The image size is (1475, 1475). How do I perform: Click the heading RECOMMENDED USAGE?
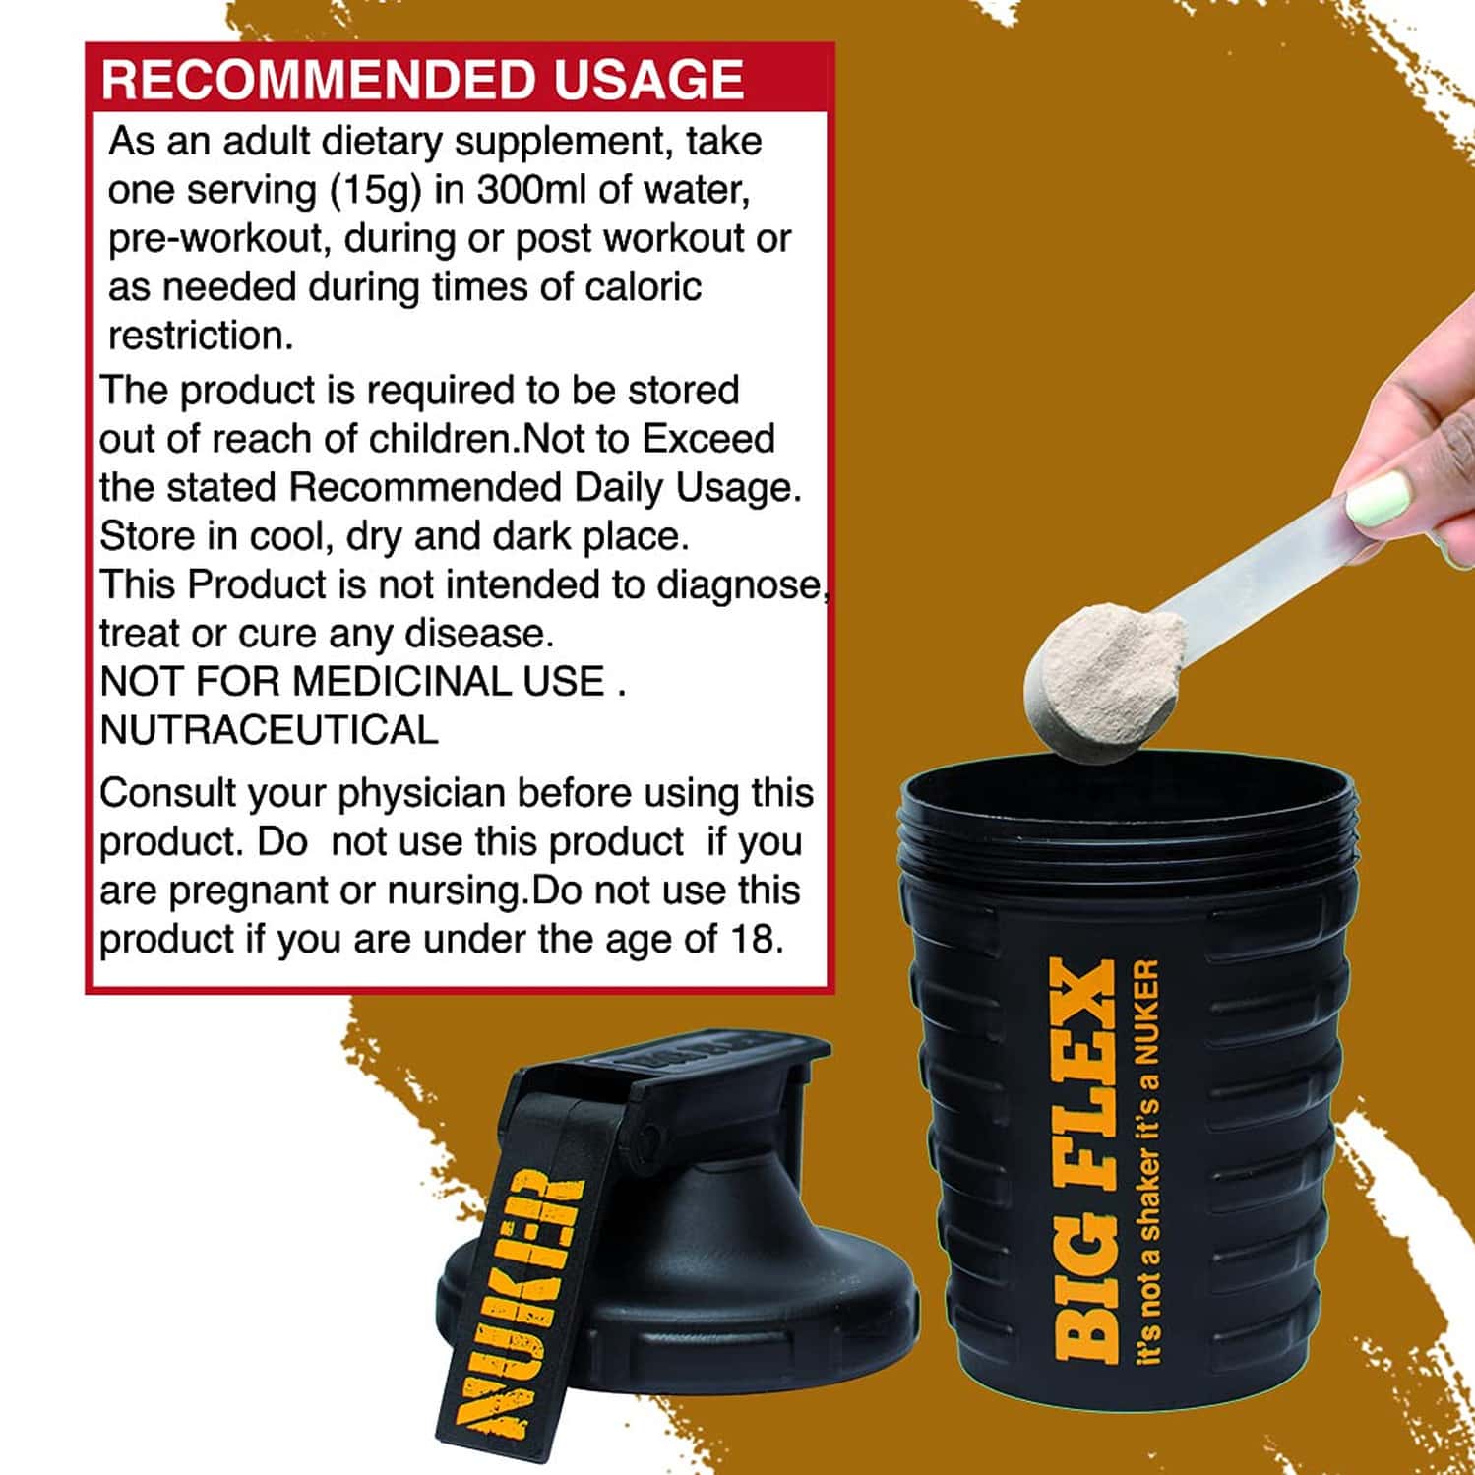tap(422, 80)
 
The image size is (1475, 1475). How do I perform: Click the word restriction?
tap(201, 336)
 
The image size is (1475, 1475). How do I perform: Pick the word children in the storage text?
tap(443, 439)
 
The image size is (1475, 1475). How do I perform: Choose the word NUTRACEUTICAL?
tap(269, 730)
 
